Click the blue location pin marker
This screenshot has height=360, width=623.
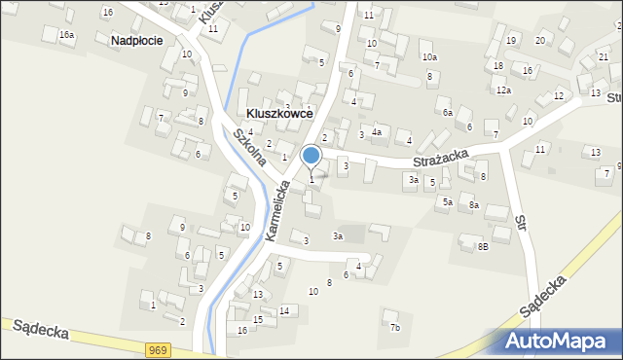coord(311,156)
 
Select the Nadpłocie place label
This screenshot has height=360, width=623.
coord(136,41)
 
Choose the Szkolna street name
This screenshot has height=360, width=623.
coord(247,146)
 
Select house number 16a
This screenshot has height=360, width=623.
coord(66,35)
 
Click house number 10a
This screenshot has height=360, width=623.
coord(430,58)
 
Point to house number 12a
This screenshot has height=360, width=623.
coord(502,90)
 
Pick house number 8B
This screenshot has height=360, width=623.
coord(482,247)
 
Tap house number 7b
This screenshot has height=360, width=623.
coord(394,328)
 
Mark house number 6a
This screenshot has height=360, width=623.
coord(448,113)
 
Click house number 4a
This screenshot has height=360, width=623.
coord(377,131)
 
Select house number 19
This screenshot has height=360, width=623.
coord(511,41)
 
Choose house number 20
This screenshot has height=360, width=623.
coord(539,40)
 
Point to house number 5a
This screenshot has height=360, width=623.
coord(447,202)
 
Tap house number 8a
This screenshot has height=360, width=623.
coord(473,205)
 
